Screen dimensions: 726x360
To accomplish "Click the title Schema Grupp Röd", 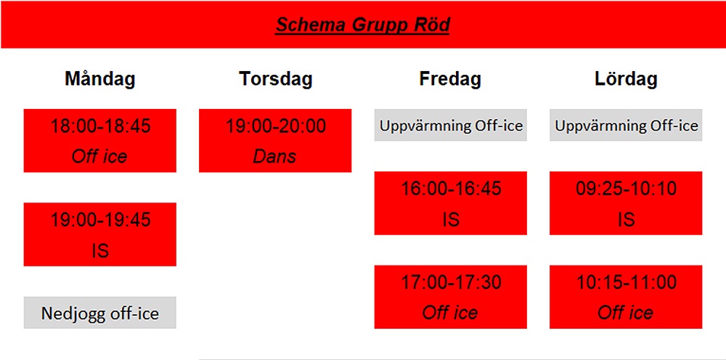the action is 362,25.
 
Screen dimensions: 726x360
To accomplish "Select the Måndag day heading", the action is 100,79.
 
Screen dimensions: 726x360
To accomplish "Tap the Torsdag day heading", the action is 275,79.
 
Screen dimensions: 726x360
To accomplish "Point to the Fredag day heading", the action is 451,79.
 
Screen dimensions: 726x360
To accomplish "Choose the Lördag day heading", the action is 626,79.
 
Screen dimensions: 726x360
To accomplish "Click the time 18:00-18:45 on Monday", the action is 100,126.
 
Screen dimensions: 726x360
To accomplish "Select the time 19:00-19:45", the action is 100,219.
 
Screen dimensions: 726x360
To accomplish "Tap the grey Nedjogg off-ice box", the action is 100,313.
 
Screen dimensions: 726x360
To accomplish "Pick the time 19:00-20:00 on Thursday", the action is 275,126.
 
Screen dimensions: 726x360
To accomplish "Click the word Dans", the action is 274,157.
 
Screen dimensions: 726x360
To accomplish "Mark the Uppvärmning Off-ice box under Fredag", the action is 451,125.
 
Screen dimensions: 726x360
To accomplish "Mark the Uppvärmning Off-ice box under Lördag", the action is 626,125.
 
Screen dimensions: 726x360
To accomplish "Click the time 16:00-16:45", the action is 451,188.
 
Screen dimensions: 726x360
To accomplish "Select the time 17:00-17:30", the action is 451,282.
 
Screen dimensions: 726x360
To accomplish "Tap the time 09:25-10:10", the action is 626,188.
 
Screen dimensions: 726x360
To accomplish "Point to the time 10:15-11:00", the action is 626,282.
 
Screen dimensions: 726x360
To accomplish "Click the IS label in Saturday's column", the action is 626,220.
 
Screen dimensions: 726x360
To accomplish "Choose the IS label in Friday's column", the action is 451,220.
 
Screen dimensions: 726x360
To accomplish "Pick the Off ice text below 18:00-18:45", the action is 99,157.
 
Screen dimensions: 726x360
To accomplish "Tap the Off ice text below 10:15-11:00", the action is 626,313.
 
